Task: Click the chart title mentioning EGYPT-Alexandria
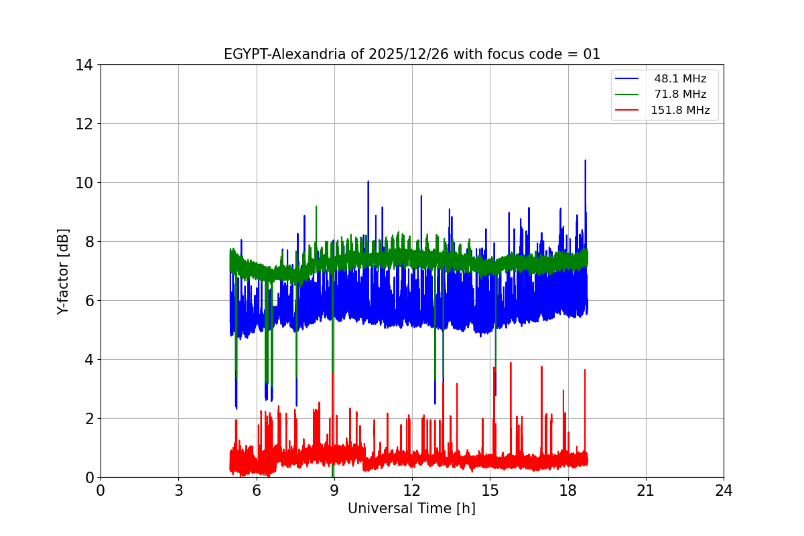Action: tap(411, 54)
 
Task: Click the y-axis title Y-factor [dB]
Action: tap(63, 271)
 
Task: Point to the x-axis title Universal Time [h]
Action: tap(411, 509)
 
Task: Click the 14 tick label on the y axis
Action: tap(84, 65)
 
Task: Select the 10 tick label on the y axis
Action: tap(84, 183)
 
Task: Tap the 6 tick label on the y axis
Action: tap(88, 301)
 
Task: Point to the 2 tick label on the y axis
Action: tap(88, 419)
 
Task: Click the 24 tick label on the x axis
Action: tap(724, 490)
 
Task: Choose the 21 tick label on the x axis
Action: tap(646, 490)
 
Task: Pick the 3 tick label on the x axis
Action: tap(178, 490)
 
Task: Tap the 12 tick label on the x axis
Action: tap(412, 490)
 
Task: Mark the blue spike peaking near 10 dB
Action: tap(368, 183)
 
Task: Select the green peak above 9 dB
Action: tap(316, 208)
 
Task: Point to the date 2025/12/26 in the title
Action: tap(409, 54)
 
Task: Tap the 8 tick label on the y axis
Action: tap(88, 242)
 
